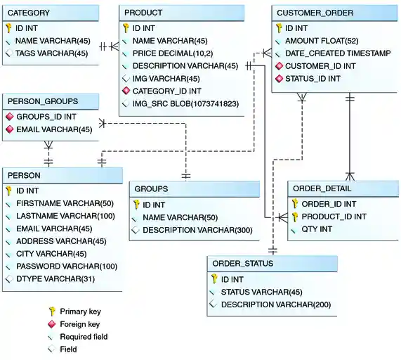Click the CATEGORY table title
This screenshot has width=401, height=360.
(28, 13)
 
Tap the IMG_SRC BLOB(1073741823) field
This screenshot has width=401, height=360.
(185, 103)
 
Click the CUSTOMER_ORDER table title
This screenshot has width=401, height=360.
(315, 13)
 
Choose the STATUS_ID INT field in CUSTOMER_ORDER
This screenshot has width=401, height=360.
(313, 79)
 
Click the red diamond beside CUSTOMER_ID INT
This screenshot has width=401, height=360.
(279, 66)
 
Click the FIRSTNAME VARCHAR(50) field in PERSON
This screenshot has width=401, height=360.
(65, 203)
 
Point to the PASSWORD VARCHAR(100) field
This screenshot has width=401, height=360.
(67, 266)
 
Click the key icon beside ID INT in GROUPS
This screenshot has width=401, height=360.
(136, 205)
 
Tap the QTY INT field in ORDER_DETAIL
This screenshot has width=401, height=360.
(317, 229)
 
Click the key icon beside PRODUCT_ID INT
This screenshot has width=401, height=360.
(296, 217)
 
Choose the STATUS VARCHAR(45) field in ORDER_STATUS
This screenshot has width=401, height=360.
(261, 292)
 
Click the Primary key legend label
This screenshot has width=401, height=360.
(79, 311)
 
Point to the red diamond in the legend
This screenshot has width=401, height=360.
(51, 324)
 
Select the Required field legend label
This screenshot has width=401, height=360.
(84, 337)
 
